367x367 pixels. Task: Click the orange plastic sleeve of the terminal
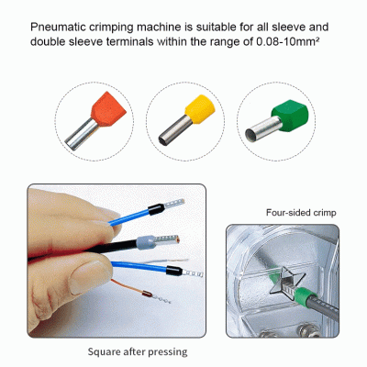coord(108,108)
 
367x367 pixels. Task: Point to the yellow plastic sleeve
coord(200,108)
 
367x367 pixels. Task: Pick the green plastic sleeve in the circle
coord(290,115)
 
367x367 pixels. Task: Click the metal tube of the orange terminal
coord(82,134)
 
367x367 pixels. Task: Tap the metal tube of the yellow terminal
coord(175,130)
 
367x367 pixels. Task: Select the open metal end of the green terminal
coord(251,135)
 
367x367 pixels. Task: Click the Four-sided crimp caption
coord(301,213)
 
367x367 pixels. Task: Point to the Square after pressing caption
coord(138,351)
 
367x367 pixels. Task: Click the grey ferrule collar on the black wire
coord(146,243)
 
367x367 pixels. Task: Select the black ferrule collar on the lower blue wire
coord(174,271)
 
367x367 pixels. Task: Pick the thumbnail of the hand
coord(85,276)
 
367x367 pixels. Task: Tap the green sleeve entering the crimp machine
coord(306,297)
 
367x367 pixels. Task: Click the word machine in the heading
coord(159,27)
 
